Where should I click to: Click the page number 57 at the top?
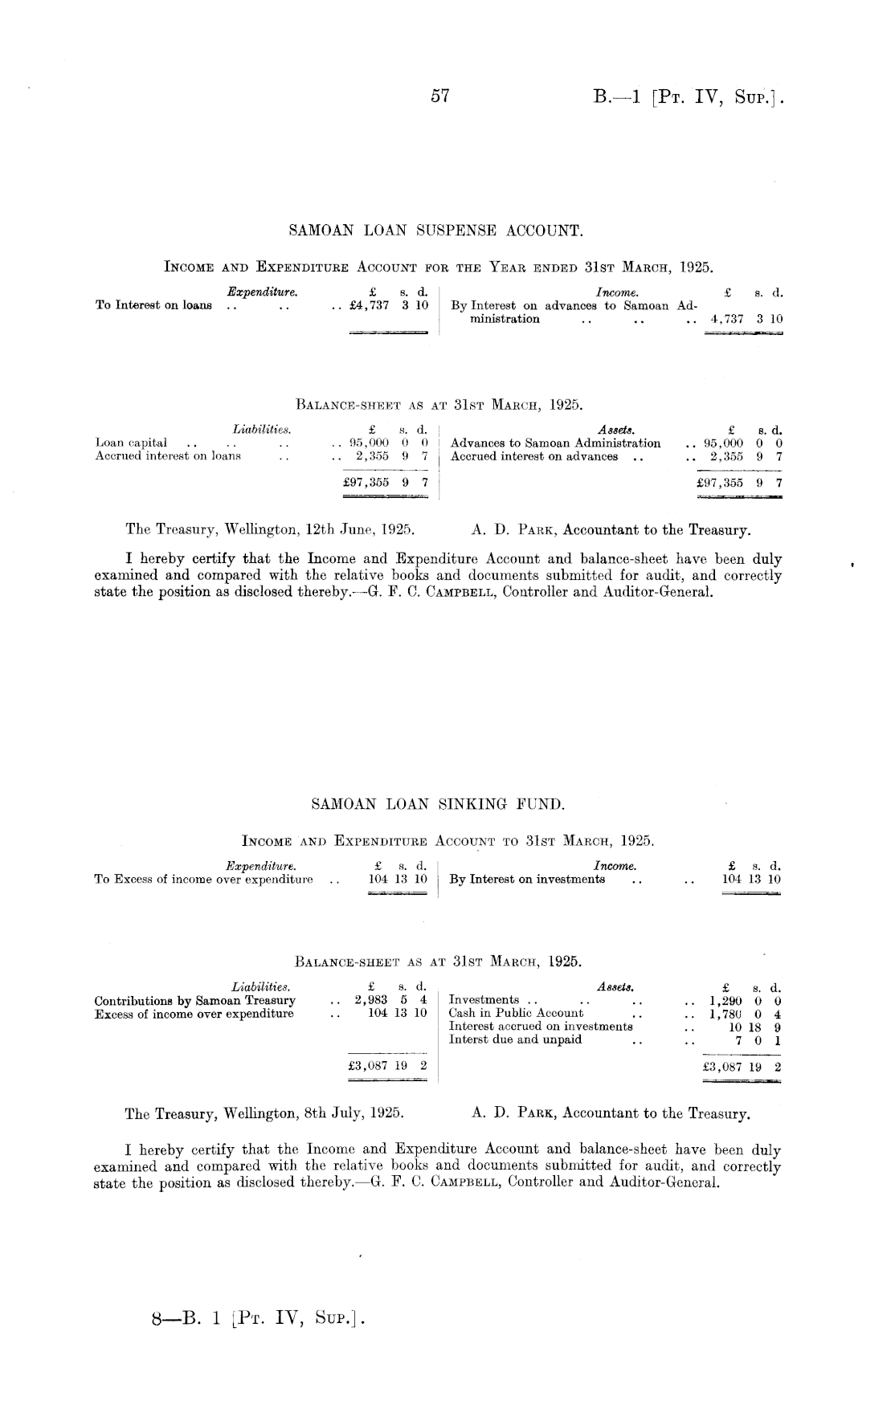pyautogui.click(x=439, y=97)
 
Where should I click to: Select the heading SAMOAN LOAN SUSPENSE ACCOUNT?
pyautogui.click(x=435, y=231)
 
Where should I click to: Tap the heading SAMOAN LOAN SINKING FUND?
pyautogui.click(x=438, y=802)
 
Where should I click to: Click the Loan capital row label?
pyautogui.click(x=131, y=443)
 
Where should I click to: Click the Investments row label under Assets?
pyautogui.click(x=484, y=1000)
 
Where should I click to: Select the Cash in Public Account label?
pyautogui.click(x=516, y=1013)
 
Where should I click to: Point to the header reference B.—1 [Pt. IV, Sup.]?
pyautogui.click(x=689, y=98)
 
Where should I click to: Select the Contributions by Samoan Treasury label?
pyautogui.click(x=195, y=1001)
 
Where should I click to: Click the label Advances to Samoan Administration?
pyautogui.click(x=556, y=443)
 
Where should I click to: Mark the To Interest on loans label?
pyautogui.click(x=153, y=305)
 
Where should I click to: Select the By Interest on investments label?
pyautogui.click(x=527, y=879)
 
